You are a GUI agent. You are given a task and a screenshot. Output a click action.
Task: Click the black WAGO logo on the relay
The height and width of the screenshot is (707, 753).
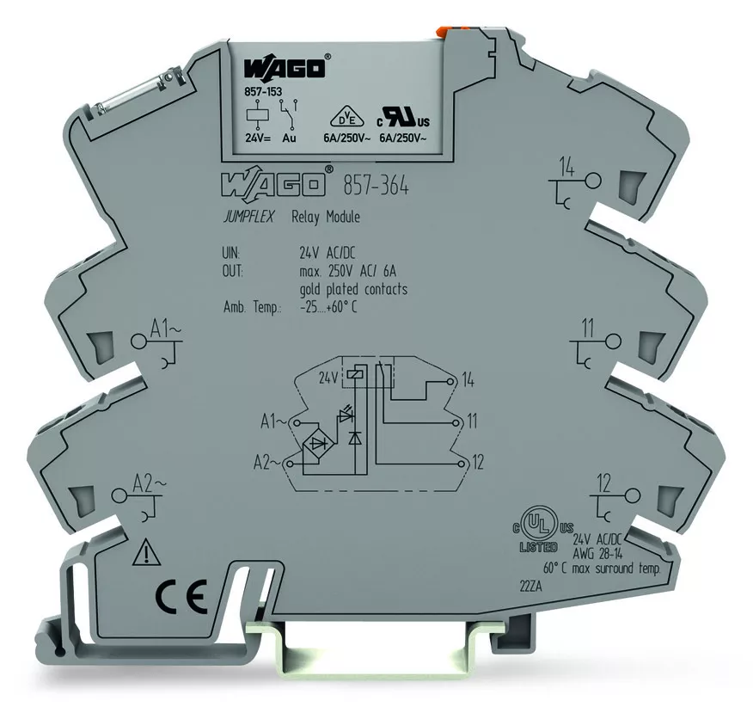(x=285, y=68)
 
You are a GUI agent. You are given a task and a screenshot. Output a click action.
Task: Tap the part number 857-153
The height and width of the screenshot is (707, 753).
(x=263, y=91)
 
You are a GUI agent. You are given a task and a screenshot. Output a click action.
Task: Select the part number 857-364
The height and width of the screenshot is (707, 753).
(x=376, y=186)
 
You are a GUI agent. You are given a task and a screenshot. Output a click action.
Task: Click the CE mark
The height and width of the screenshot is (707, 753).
(x=181, y=595)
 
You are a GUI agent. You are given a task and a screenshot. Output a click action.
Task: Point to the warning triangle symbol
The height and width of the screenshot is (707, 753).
(x=146, y=552)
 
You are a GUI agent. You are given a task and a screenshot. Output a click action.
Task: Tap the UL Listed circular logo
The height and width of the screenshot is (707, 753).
(x=539, y=529)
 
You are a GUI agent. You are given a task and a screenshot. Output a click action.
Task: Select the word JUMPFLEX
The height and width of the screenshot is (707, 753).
(x=248, y=218)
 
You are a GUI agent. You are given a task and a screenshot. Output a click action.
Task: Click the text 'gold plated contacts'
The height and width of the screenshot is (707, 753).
(x=353, y=289)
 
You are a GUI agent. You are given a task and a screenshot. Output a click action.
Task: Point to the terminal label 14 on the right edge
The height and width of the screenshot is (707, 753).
(x=567, y=169)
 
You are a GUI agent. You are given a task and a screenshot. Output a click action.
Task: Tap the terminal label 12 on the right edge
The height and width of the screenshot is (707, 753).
(x=603, y=483)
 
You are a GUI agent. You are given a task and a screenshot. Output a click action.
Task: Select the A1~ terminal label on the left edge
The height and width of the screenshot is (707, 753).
(x=165, y=329)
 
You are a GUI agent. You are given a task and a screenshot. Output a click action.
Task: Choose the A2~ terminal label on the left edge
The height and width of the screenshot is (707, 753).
(x=149, y=483)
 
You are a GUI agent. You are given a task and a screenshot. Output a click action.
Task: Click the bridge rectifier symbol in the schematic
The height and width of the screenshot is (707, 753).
(x=318, y=444)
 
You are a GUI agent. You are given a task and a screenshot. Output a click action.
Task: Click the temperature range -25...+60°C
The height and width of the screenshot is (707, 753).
(x=328, y=308)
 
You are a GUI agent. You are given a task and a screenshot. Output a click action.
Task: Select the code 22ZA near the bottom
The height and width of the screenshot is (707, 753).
(x=530, y=587)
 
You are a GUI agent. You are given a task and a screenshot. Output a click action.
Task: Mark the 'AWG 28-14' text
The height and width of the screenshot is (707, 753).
(x=598, y=554)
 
